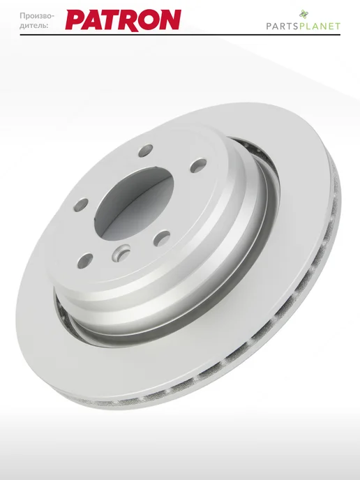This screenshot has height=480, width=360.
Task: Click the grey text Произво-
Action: click(37, 16)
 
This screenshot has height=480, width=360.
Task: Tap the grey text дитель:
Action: click(34, 26)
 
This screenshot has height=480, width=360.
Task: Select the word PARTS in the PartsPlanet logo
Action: click(283, 27)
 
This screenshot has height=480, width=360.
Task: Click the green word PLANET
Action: click(320, 27)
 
